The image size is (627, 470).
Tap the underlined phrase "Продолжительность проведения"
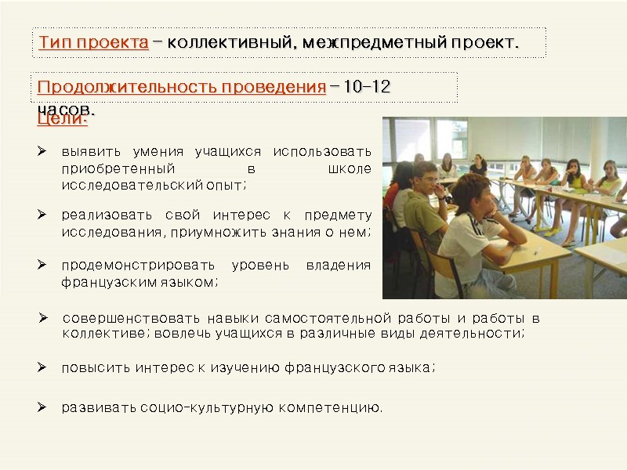click(x=181, y=87)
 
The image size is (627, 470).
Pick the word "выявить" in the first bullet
click(x=86, y=151)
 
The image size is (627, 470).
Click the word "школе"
click(x=349, y=168)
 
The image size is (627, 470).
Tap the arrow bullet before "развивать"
click(x=44, y=407)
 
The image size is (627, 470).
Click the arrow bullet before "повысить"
click(x=44, y=367)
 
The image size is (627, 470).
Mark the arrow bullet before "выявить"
click(x=44, y=150)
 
